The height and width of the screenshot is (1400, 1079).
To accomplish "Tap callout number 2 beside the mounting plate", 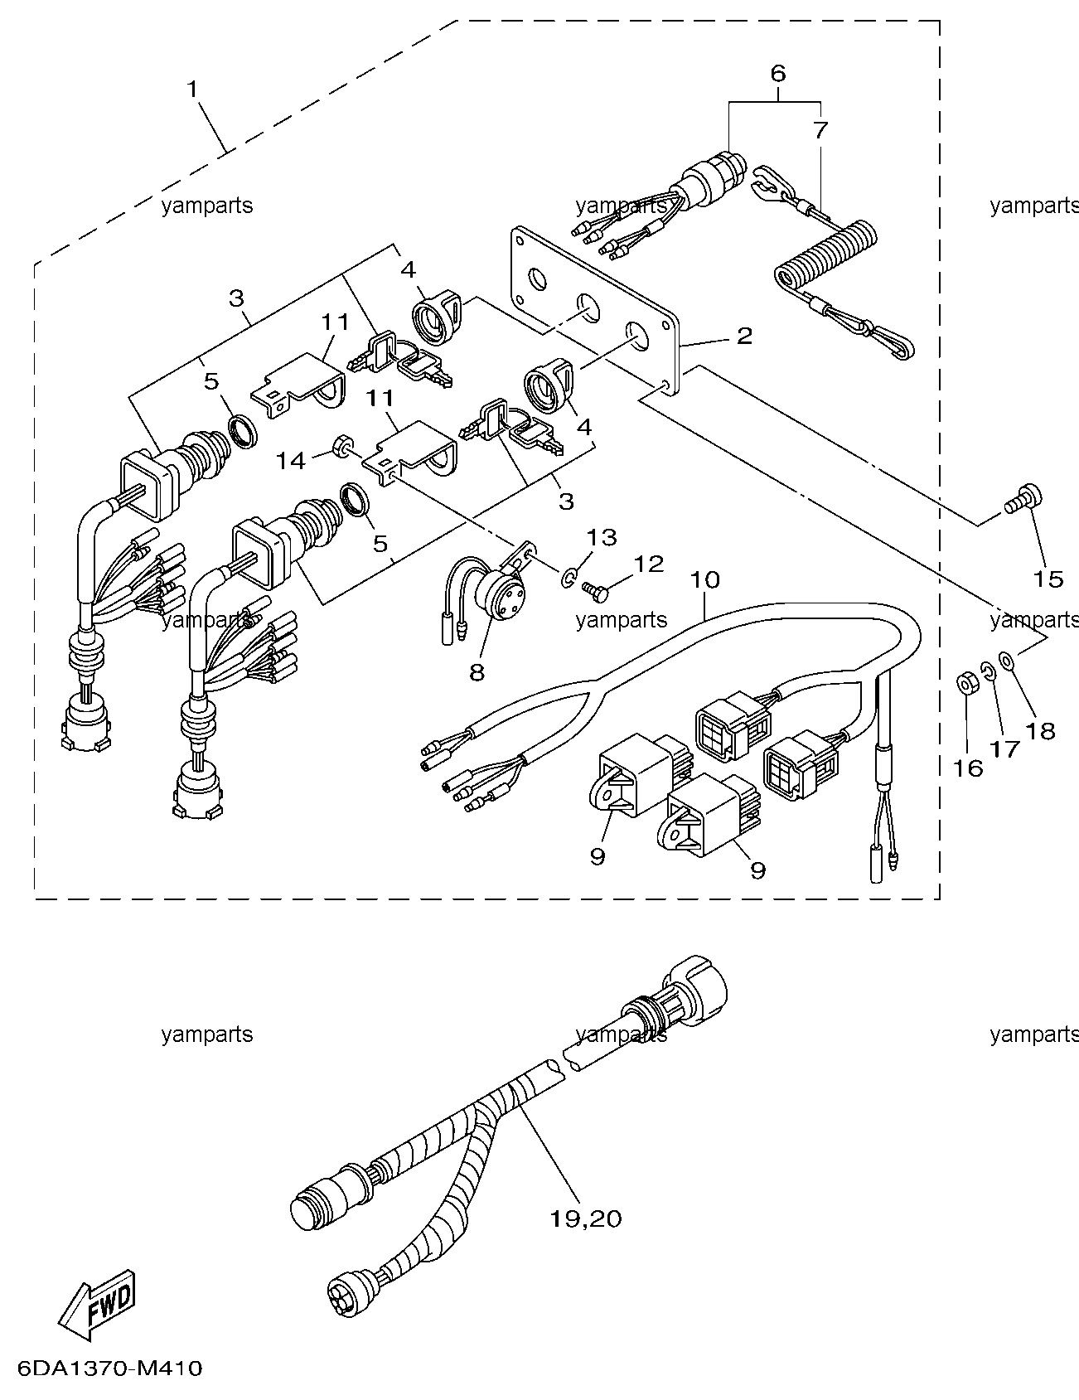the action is click(x=744, y=336).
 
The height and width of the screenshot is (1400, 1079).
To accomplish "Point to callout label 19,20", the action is click(x=586, y=1218).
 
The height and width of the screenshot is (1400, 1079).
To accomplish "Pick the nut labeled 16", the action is click(x=965, y=685).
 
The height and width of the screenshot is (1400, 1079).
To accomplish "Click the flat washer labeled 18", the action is click(x=1007, y=661).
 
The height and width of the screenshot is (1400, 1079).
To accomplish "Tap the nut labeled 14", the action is click(x=340, y=448).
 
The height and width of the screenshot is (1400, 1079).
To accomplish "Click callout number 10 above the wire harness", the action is click(x=704, y=579).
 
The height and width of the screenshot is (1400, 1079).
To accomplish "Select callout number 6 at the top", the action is click(x=777, y=73).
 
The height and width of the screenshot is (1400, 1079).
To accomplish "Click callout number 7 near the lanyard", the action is click(x=819, y=130).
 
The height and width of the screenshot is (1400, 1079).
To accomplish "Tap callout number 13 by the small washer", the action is click(x=602, y=537).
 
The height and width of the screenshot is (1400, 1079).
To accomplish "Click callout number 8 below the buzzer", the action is click(x=477, y=671).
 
